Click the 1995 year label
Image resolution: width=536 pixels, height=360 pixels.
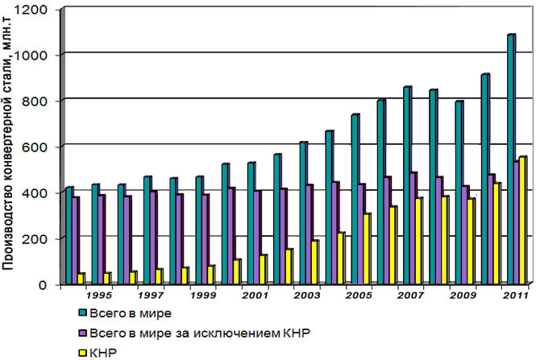pos(99,296)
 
